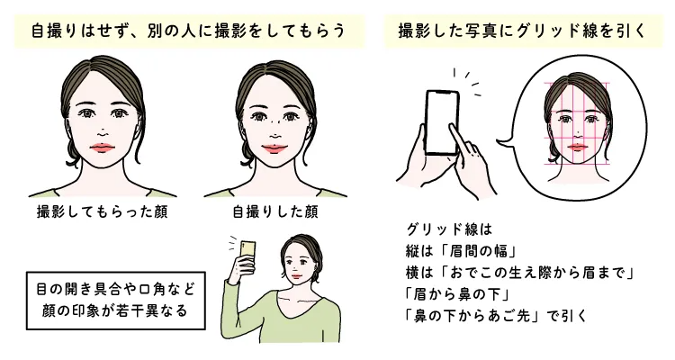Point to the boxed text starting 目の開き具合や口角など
pyautogui.click(x=114, y=301)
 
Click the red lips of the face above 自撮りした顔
pyautogui.click(x=274, y=147)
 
